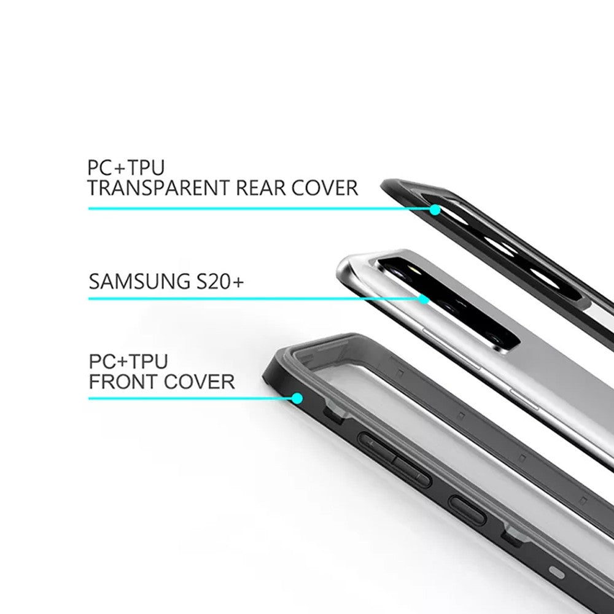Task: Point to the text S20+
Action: point(220,281)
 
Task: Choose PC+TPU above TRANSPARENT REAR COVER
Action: point(126,168)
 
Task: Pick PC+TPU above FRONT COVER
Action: point(128,361)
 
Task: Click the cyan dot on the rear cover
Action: point(435,210)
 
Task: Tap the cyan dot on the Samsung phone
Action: point(424,300)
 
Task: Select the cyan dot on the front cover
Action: point(298,398)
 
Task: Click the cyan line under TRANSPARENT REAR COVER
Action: point(260,209)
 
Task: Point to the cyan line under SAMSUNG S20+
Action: point(255,299)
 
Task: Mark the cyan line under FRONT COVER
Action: point(191,398)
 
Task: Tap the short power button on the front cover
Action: point(467,511)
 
